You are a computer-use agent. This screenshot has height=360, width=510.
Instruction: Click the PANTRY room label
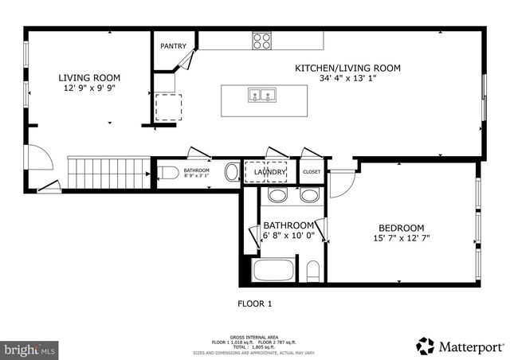point(173,46)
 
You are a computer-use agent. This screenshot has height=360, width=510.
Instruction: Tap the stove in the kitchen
point(262,41)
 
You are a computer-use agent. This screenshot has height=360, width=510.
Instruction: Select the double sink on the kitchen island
point(261,96)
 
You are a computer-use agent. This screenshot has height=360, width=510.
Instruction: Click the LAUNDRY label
point(269,171)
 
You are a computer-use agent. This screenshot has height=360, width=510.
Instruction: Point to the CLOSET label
point(312,171)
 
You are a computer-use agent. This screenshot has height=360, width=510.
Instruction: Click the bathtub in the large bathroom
point(274,270)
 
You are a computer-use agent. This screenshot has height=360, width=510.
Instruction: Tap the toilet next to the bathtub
point(312,271)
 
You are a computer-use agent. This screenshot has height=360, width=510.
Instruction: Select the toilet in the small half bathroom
point(168,172)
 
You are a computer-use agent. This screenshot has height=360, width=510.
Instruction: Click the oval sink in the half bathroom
point(231,172)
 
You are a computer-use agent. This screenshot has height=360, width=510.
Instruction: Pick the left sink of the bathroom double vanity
point(277,196)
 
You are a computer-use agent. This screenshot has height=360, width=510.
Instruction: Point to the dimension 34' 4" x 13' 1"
point(347,79)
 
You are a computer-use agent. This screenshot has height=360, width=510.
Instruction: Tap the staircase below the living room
point(108,173)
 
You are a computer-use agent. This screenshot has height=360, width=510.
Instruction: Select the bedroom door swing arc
point(340,186)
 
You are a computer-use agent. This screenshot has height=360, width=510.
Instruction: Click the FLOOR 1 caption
point(255,303)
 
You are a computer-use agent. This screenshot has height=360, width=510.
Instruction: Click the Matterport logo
point(461,346)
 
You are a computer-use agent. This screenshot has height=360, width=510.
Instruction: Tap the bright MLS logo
point(29,349)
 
